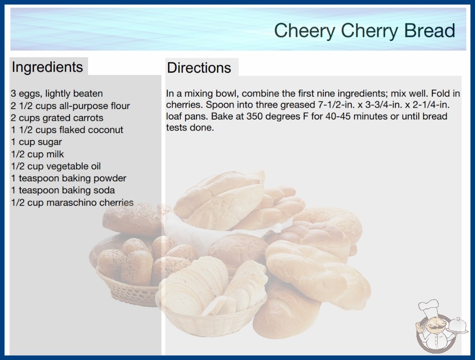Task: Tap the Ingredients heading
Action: pyautogui.click(x=47, y=67)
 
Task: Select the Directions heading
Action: pyautogui.click(x=199, y=68)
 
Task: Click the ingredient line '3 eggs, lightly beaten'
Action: pyautogui.click(x=57, y=94)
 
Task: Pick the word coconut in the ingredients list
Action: pyautogui.click(x=105, y=130)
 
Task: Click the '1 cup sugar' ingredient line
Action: pyautogui.click(x=36, y=142)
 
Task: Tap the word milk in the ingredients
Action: pyautogui.click(x=55, y=154)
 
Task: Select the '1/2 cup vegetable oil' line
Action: pyautogui.click(x=56, y=166)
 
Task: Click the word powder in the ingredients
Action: pyautogui.click(x=109, y=178)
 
